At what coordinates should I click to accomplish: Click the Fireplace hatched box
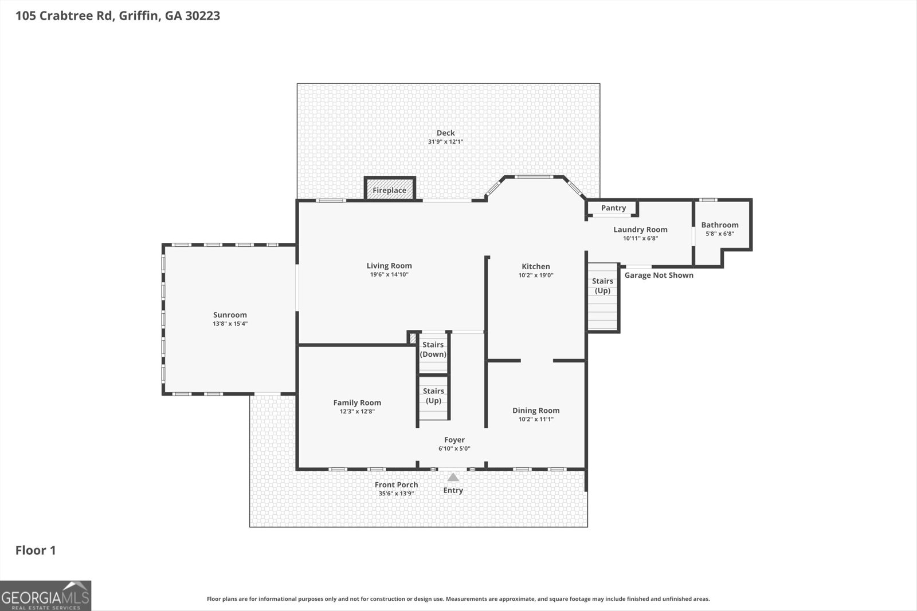(x=390, y=190)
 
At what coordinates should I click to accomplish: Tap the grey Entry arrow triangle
(x=453, y=478)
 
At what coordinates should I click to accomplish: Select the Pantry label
(x=613, y=208)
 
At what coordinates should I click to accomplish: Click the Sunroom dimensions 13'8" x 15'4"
(x=230, y=324)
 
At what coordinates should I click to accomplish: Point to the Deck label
(x=445, y=133)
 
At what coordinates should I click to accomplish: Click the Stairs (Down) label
(x=433, y=349)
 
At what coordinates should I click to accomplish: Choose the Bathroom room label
(x=720, y=225)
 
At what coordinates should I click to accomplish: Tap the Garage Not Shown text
(x=659, y=275)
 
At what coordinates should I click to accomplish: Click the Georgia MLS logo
(x=46, y=596)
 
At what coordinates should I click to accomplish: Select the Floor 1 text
(x=36, y=550)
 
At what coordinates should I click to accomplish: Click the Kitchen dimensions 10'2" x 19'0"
(x=536, y=275)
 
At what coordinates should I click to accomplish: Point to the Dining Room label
(x=536, y=410)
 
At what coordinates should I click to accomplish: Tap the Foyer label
(x=454, y=440)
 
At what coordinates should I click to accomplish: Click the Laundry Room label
(x=640, y=230)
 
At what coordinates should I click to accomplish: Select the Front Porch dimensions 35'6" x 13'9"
(x=396, y=494)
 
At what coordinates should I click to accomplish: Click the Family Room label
(x=357, y=403)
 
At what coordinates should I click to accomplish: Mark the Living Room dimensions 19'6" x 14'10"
(x=389, y=274)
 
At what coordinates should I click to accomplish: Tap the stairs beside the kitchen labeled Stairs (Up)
(x=602, y=298)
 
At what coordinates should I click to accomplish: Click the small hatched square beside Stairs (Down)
(x=413, y=338)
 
